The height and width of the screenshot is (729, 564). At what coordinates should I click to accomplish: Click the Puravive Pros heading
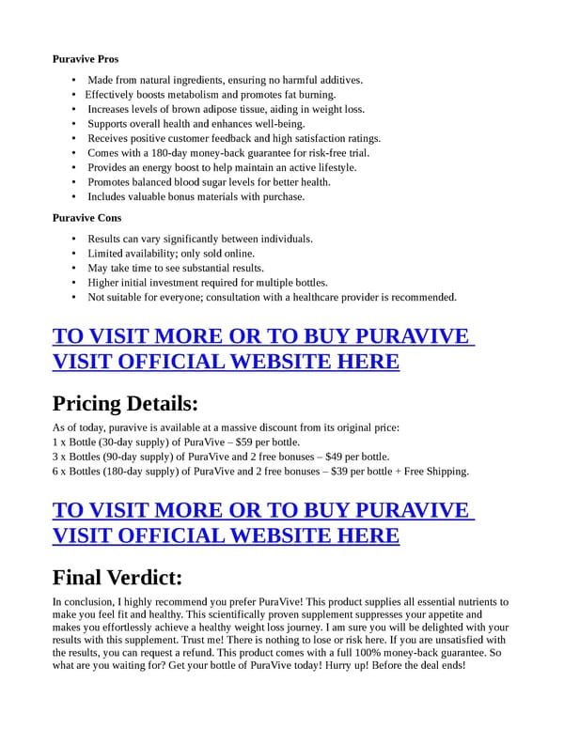click(x=86, y=59)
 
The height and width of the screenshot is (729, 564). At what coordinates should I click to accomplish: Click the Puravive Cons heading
click(x=86, y=218)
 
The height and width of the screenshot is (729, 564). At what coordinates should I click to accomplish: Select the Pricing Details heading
click(x=125, y=403)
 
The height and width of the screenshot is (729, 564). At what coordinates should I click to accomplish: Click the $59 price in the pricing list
click(x=244, y=442)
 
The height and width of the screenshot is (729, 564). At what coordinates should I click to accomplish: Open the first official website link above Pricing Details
click(x=262, y=349)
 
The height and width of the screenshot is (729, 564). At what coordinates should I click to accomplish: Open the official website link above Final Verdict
click(x=262, y=522)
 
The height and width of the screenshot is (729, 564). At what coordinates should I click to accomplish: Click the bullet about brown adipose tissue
click(x=226, y=110)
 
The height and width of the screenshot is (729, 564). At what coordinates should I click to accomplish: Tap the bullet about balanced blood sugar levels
click(x=209, y=182)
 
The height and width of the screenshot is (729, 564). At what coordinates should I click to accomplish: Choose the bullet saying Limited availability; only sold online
click(x=171, y=254)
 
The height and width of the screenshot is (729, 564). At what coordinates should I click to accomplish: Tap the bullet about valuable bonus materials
click(x=196, y=197)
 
